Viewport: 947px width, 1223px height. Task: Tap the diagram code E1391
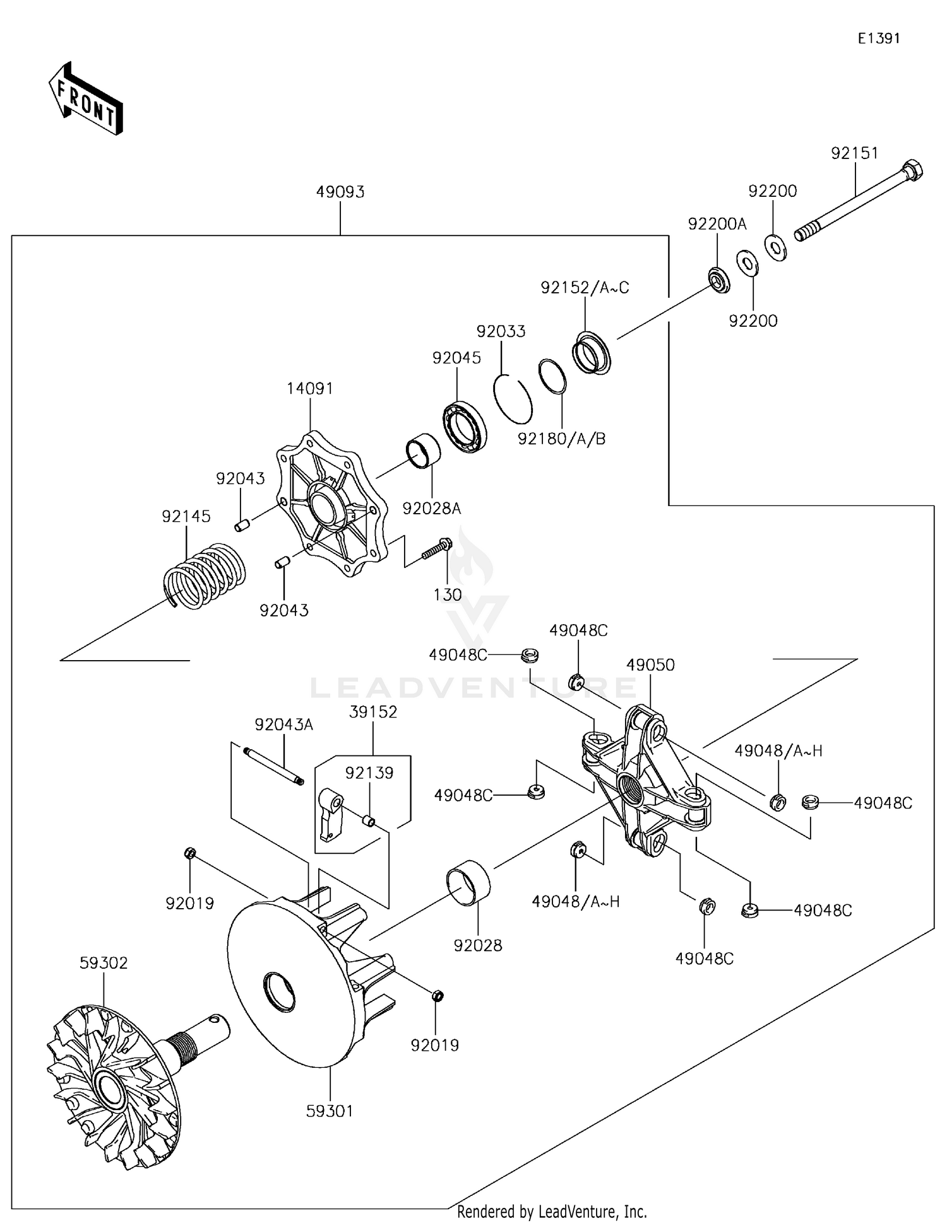[878, 38]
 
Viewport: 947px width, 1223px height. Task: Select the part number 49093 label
[340, 192]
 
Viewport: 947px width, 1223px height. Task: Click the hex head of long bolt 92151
[913, 170]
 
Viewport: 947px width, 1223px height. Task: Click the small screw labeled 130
[436, 548]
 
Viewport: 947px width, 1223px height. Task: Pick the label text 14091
[309, 389]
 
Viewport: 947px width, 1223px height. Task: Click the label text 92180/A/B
[561, 439]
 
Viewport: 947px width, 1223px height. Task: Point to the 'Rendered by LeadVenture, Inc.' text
[552, 1212]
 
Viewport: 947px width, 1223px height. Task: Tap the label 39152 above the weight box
[373, 712]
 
